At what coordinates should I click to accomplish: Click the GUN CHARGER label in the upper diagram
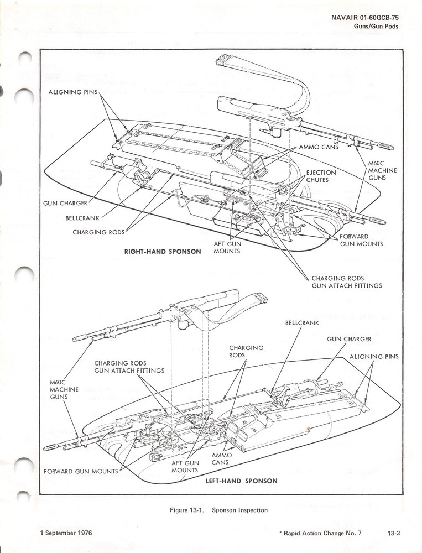click(65, 203)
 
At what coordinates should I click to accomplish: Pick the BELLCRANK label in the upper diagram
click(83, 217)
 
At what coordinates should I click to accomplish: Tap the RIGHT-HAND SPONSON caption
click(163, 252)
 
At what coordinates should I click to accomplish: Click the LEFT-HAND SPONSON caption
click(241, 481)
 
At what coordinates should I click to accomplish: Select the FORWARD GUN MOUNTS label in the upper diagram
click(362, 240)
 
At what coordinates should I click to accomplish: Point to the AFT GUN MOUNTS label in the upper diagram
click(227, 247)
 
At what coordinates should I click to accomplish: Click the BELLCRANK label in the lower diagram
click(303, 322)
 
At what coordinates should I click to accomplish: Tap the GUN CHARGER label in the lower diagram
click(349, 338)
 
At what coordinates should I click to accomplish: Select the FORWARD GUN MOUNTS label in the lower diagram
click(81, 472)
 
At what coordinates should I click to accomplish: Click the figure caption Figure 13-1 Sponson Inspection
click(218, 510)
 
